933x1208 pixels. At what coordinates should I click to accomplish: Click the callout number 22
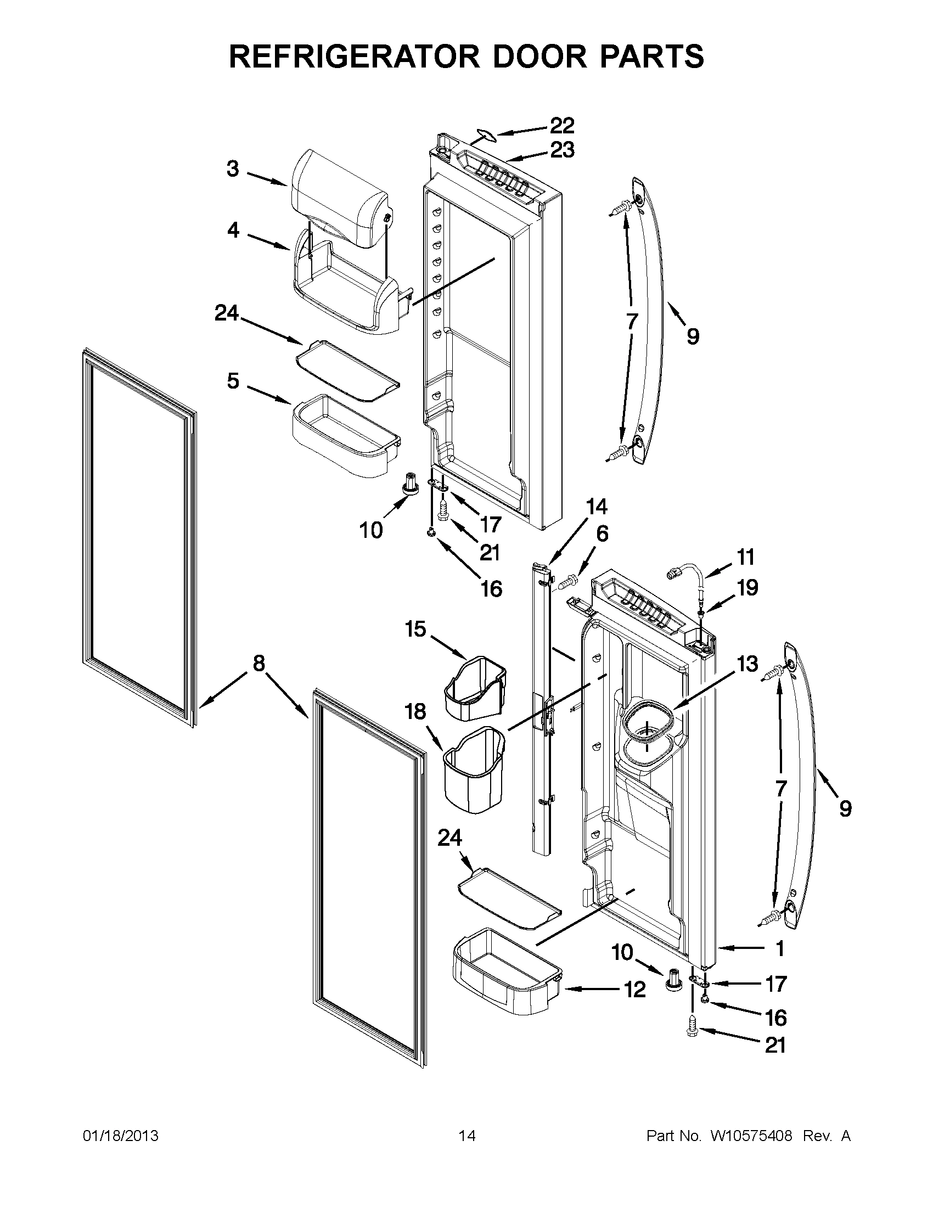tap(562, 126)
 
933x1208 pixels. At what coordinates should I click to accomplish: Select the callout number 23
tap(562, 150)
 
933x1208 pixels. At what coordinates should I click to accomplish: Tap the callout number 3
tap(233, 168)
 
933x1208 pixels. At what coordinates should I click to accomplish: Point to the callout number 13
tap(747, 664)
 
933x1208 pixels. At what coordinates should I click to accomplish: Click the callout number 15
tap(415, 629)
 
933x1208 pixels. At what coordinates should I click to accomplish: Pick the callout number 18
tap(415, 711)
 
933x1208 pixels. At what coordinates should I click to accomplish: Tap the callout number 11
tap(746, 557)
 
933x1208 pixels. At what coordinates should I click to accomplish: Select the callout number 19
tap(747, 588)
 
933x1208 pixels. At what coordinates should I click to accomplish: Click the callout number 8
tap(259, 663)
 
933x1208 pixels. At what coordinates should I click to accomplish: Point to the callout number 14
tap(597, 507)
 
